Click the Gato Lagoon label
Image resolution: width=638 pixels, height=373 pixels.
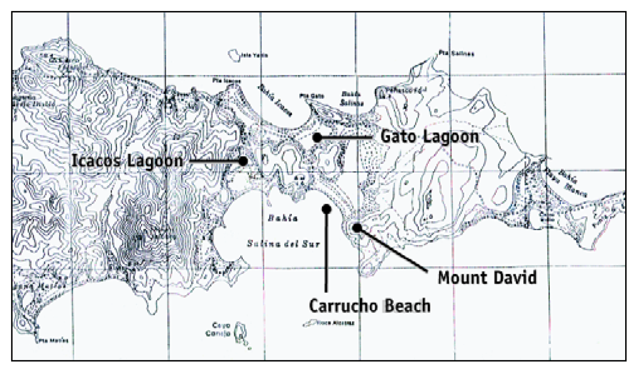[x=429, y=136]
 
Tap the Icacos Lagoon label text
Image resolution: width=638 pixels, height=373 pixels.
[x=127, y=161]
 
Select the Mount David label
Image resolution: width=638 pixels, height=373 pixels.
[x=487, y=278]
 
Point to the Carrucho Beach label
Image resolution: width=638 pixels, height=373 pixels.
[x=370, y=306]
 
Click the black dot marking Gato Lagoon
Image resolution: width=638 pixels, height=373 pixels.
[x=317, y=138]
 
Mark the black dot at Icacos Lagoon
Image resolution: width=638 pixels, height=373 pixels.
[x=243, y=161]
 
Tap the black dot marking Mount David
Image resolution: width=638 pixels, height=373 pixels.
[x=356, y=227]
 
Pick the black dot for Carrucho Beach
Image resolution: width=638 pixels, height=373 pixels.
[x=327, y=209]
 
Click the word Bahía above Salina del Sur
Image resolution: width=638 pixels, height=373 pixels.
[x=283, y=218]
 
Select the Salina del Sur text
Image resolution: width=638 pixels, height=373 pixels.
[x=283, y=244]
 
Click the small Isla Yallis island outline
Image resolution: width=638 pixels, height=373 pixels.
[x=235, y=55]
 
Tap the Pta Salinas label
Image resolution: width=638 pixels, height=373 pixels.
[x=456, y=54]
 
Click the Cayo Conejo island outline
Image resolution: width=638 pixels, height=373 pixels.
[x=239, y=332]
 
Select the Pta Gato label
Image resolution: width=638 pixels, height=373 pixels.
[x=311, y=96]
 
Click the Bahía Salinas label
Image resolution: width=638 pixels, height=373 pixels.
[x=351, y=99]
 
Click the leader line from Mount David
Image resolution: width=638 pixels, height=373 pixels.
[x=392, y=249]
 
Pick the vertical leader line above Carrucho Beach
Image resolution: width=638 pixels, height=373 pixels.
[x=327, y=252]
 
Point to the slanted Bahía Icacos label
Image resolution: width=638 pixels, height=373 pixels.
[x=275, y=100]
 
